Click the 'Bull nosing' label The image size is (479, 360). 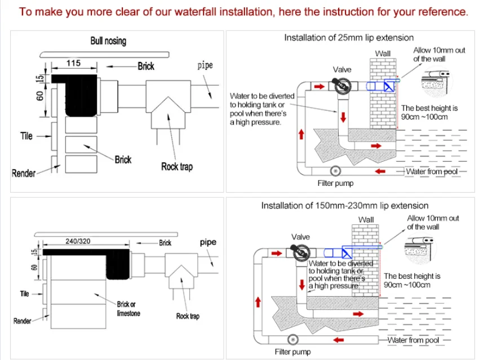108,41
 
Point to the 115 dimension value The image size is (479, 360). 74,64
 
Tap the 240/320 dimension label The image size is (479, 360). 78,241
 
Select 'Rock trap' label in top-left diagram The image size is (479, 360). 176,166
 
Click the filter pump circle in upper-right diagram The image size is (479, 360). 335,170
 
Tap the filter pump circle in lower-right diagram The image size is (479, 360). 292,339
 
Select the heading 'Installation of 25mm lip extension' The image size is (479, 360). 349,38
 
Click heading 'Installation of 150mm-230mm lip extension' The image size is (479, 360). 344,206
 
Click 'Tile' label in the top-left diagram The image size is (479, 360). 26,136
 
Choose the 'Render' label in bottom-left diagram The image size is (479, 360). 22,321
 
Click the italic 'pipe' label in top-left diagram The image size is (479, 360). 205,65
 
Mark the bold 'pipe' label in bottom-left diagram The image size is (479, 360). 208,242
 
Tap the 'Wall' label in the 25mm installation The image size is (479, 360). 383,54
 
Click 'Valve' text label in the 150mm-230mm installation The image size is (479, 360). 300,237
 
